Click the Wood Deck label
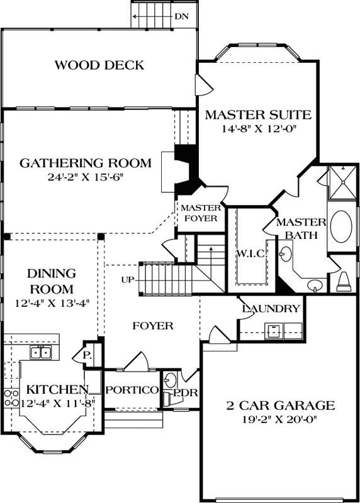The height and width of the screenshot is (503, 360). (x=99, y=65)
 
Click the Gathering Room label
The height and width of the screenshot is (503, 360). (x=86, y=163)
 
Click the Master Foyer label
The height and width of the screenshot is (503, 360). (x=200, y=213)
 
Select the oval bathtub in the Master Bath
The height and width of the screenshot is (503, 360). (x=342, y=227)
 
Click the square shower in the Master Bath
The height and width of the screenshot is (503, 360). (x=342, y=182)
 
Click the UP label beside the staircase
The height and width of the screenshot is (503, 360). (x=127, y=279)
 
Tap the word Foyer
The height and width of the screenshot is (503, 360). (x=152, y=326)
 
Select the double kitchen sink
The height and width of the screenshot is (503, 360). (x=42, y=353)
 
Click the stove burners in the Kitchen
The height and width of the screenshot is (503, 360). (x=11, y=397)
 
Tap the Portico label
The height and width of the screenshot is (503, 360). (x=132, y=390)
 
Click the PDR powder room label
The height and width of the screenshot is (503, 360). (x=186, y=393)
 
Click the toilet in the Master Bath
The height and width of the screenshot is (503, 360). (x=344, y=281)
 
